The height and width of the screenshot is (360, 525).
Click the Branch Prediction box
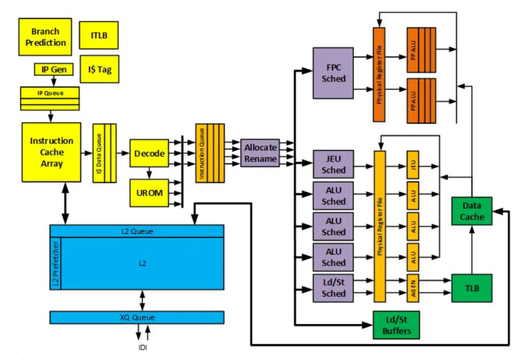(x=45, y=37)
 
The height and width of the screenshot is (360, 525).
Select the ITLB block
(x=99, y=35)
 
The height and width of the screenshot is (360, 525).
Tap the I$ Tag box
(x=99, y=69)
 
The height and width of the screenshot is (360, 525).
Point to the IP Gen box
(x=53, y=69)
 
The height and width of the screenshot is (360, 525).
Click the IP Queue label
(x=50, y=93)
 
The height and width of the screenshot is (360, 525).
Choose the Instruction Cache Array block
(x=52, y=152)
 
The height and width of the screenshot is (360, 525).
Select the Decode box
(x=149, y=154)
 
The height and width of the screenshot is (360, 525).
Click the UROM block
(x=149, y=193)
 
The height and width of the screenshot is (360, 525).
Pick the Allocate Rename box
(x=260, y=153)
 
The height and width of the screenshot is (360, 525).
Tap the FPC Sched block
(x=333, y=73)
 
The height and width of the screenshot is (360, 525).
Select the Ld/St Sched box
(x=333, y=288)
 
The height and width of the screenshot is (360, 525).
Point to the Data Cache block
(x=472, y=211)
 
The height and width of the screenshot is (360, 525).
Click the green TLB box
(x=472, y=288)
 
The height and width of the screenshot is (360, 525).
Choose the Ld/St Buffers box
(x=396, y=325)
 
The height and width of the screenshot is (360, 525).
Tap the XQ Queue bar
(x=137, y=317)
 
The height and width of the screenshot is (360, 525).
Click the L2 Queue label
(x=137, y=231)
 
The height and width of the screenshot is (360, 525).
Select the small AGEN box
(x=413, y=288)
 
